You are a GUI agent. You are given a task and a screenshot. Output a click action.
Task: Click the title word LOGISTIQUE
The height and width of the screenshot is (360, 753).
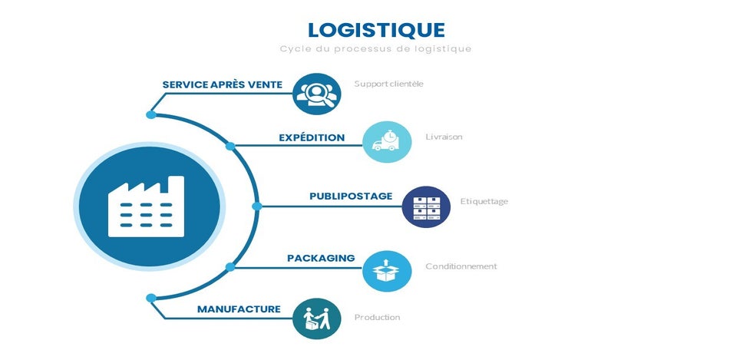coord(376,30)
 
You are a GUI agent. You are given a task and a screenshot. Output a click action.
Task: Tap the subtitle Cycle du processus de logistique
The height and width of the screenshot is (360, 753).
coord(375,49)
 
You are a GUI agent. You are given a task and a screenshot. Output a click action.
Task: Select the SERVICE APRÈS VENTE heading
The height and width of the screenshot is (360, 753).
coord(223,85)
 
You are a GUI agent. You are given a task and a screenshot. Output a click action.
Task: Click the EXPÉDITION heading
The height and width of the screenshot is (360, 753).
coord(312,137)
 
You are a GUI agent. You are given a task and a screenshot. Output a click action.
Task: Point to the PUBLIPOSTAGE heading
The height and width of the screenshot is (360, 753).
coord(351,197)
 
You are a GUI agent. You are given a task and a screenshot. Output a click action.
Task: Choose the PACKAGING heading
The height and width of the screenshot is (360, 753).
coord(321,258)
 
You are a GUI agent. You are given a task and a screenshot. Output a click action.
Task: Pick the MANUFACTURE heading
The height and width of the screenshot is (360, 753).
coord(239,309)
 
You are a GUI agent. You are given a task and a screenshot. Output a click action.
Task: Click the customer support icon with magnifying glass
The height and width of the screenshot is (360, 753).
coord(316,94)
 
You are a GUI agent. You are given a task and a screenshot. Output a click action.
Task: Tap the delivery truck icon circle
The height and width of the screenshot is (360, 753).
coord(387,142)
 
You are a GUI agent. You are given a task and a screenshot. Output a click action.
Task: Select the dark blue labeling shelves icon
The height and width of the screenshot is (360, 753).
coord(426,207)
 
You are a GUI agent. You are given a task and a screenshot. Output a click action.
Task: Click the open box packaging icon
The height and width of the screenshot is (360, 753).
coord(387,271)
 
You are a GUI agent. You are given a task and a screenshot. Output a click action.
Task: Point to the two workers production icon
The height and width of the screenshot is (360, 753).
coord(316,319)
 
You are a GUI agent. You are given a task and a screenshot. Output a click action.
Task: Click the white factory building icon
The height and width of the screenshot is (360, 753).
coord(146,207)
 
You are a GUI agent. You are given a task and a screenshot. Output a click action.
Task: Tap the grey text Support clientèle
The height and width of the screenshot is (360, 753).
coord(389,84)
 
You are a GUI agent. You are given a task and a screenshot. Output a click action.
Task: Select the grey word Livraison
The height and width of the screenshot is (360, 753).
coord(444,137)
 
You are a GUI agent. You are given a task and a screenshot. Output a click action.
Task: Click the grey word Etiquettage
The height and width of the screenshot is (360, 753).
coord(484,202)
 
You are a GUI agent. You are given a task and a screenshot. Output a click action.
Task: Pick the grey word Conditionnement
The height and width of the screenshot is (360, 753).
coord(461,266)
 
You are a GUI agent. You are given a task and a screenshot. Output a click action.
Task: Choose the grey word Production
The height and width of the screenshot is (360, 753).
coord(377,317)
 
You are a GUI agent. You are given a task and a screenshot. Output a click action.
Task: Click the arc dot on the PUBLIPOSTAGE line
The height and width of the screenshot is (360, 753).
coord(257,206)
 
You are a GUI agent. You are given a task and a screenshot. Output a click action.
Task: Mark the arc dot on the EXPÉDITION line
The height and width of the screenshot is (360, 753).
coord(230,146)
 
